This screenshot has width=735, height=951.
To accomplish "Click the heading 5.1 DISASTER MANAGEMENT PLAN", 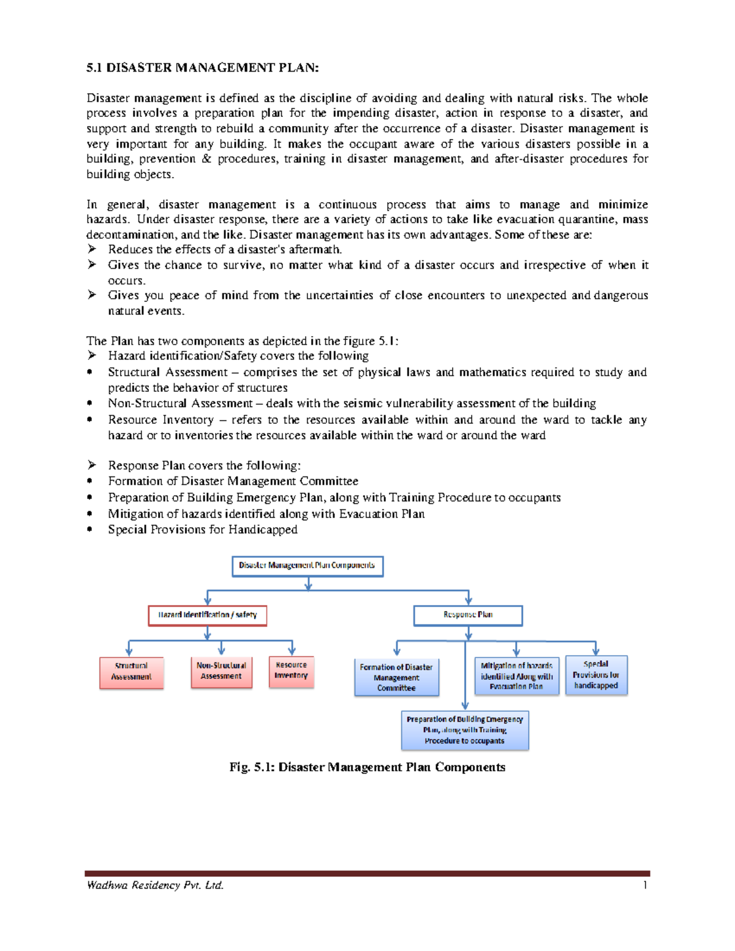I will [202, 68].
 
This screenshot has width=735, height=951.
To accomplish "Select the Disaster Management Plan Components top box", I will [307, 566].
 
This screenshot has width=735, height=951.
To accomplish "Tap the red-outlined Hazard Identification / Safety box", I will [208, 615].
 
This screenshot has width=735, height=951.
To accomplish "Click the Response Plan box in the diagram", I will [468, 615].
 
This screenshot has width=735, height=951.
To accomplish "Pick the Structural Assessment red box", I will [131, 672].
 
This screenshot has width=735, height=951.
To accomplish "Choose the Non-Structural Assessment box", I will [221, 671].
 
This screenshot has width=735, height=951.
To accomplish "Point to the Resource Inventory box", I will [291, 671].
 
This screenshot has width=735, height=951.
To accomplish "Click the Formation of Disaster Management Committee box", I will [396, 677].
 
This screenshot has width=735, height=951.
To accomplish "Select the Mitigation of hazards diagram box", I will [516, 676].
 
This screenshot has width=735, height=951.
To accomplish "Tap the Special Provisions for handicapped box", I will [596, 675].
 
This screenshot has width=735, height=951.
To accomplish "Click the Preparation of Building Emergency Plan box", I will [465, 730].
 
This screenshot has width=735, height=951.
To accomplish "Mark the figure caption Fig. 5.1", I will [367, 767].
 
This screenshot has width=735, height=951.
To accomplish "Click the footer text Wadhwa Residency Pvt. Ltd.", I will [155, 885].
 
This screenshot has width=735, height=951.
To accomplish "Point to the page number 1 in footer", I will [645, 885].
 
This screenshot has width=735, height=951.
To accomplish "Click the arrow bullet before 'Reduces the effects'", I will [92, 249].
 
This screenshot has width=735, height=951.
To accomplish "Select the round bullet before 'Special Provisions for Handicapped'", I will [90, 530].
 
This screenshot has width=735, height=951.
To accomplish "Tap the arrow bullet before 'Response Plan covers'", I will [92, 465].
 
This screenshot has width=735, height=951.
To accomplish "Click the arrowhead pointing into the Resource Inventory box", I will [292, 652].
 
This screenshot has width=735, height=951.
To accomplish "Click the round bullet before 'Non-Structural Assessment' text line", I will [90, 404].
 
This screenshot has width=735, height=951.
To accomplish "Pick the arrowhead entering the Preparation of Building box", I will [465, 706].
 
